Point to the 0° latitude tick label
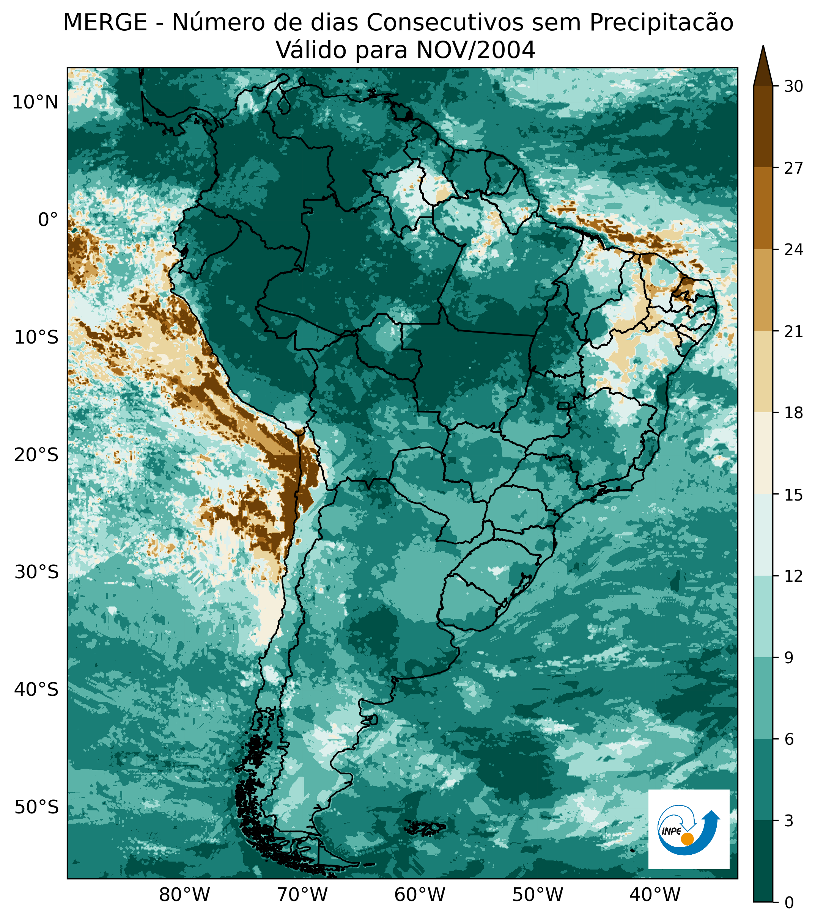48,220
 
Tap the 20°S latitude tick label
36,455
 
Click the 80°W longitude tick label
185,894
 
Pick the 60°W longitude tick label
420,894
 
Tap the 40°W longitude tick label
655,894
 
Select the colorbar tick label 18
793,413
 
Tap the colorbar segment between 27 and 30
763,126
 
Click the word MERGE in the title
105,23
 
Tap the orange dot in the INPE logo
687,839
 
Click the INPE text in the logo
671,831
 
